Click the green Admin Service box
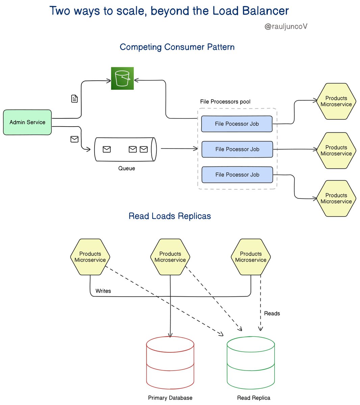tap(27, 122)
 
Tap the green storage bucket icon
tap(122, 78)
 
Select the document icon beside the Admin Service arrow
tap(74, 99)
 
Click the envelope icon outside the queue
tap(74, 139)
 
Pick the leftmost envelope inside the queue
tap(107, 149)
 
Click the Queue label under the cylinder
tap(127, 168)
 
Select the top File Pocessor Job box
tap(237, 124)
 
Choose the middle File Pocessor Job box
tap(237, 149)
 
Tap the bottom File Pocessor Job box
tap(237, 175)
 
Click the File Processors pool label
tap(225, 102)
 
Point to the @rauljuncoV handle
tap(286, 26)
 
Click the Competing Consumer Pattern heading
tap(177, 47)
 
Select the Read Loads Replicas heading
tap(170, 216)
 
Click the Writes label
tap(103, 291)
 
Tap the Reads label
tap(272, 313)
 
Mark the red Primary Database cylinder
tap(170, 362)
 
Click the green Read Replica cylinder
tap(251, 362)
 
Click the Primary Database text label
tap(170, 398)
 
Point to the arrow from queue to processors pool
tap(179, 148)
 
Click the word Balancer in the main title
tap(265, 10)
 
